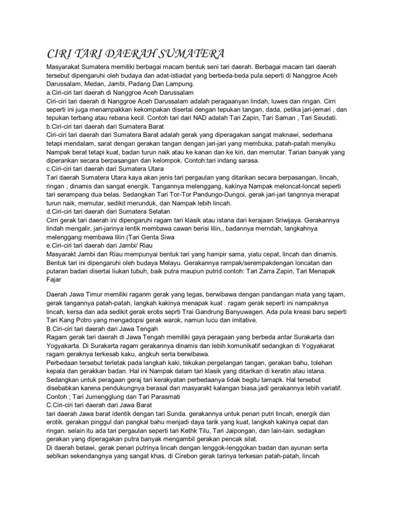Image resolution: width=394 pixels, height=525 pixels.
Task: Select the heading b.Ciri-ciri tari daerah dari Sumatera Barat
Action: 113,126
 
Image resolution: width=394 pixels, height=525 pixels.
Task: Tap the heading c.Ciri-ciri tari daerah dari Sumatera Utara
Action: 112,168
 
